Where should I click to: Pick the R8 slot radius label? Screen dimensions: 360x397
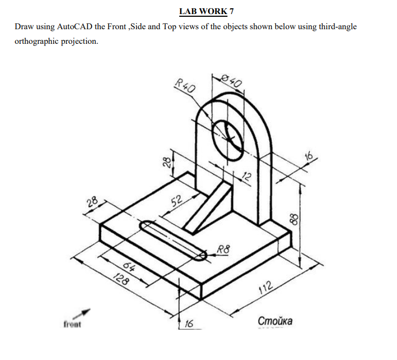[224, 250]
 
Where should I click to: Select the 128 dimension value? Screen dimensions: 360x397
[122, 280]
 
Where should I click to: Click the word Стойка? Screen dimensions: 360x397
[276, 321]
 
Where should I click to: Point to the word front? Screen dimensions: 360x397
[72, 325]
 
